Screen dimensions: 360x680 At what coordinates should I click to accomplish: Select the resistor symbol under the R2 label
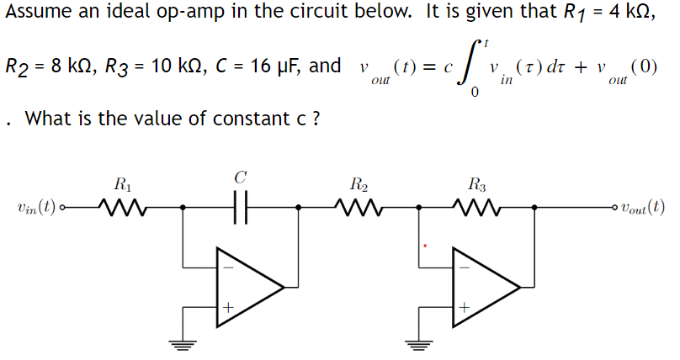click(x=357, y=205)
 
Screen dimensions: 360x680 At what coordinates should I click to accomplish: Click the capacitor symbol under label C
click(x=241, y=205)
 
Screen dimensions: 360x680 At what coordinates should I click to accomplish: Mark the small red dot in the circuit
click(x=426, y=246)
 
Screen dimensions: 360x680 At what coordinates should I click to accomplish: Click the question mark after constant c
click(x=315, y=119)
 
